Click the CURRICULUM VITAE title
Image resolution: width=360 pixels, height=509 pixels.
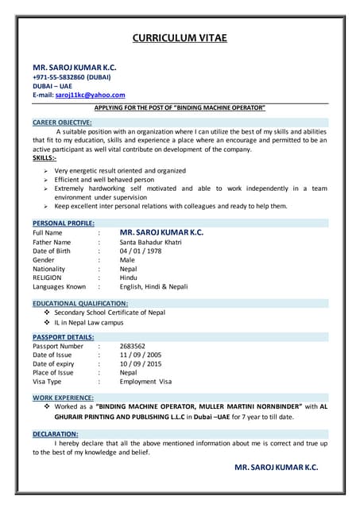(180, 37)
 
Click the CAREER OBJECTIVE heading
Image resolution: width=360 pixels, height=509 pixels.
(62, 122)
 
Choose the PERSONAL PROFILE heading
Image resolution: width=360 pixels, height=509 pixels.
(64, 223)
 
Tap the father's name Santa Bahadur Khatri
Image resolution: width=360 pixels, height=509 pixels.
(151, 242)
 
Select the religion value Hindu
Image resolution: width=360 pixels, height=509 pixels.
(129, 278)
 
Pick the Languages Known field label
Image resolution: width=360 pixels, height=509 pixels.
(60, 286)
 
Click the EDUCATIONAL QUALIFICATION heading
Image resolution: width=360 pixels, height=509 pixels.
(80, 304)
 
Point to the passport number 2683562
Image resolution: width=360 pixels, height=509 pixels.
(132, 346)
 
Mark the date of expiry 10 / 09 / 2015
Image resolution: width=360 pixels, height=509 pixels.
(141, 363)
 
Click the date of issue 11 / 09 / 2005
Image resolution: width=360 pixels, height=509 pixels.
(141, 355)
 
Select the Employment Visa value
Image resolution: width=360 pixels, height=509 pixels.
(145, 381)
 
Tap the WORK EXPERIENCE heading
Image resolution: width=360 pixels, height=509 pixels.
(63, 397)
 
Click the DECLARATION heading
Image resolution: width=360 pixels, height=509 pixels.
(55, 433)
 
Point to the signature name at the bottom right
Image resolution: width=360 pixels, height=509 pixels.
(277, 468)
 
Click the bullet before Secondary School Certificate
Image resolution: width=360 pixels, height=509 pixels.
(47, 313)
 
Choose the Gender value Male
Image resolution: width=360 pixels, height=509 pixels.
(127, 260)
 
